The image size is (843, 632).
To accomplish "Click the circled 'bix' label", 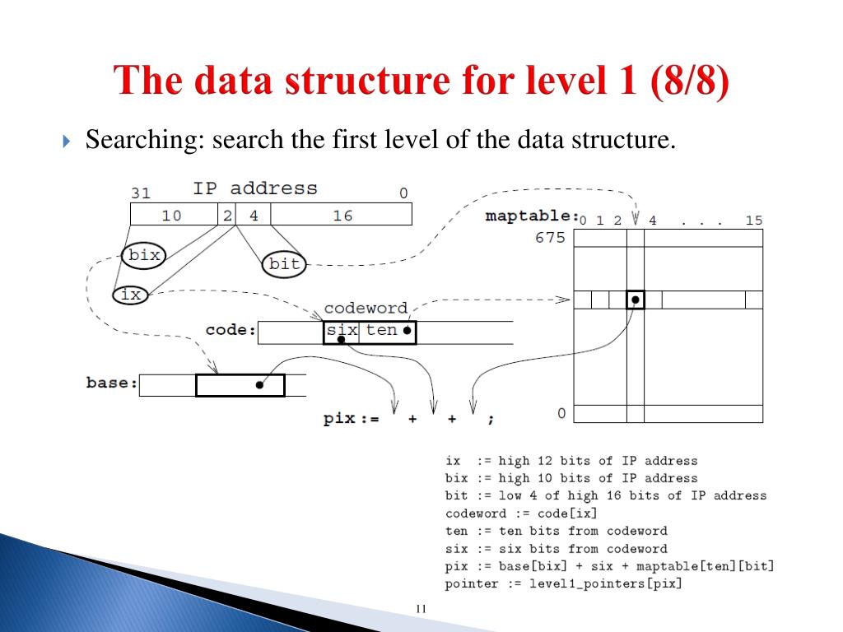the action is tap(144, 255).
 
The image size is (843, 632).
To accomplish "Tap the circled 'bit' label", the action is tap(284, 264).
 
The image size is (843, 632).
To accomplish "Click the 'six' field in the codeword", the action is tap(342, 331).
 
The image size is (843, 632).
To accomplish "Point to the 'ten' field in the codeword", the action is tap(381, 331).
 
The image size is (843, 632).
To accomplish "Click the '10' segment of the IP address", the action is tap(171, 216).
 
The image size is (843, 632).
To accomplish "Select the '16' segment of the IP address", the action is tap(342, 216).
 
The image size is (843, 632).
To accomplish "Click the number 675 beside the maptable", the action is tap(550, 238).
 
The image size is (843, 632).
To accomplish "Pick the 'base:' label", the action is tap(112, 383).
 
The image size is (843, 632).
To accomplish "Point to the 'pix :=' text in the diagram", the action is tap(351, 419).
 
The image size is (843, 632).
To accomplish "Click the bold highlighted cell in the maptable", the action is tap(635, 300).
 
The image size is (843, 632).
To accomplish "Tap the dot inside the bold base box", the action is tap(259, 385).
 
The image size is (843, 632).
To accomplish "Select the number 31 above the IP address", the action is tap(141, 194).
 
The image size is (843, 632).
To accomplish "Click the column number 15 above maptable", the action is tap(753, 221).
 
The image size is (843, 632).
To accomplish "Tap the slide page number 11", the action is tap(421, 609).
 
